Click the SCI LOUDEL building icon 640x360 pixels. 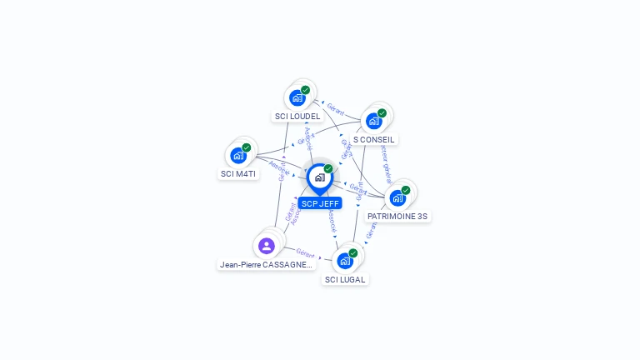click(x=297, y=97)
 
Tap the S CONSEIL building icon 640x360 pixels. click(x=374, y=121)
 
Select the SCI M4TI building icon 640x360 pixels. click(x=238, y=155)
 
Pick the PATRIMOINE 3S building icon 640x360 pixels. click(x=397, y=197)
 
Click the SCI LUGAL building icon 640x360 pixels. click(x=345, y=261)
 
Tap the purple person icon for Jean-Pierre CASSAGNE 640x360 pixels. click(x=267, y=245)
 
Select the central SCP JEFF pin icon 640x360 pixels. click(x=319, y=177)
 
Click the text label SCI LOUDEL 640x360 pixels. click(x=297, y=116)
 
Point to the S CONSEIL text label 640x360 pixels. click(x=374, y=139)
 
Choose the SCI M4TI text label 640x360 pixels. click(x=238, y=173)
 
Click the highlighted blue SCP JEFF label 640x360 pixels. click(x=320, y=203)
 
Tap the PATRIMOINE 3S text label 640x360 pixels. click(x=397, y=216)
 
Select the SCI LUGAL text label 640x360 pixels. click(x=345, y=279)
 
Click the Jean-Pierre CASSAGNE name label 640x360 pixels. click(x=266, y=264)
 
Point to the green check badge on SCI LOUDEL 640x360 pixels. click(x=306, y=90)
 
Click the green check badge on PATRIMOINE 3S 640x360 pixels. click(x=406, y=190)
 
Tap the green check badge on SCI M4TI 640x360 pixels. click(x=247, y=147)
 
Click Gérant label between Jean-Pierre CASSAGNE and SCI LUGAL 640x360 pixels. click(x=305, y=252)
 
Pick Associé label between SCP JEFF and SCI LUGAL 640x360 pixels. click(x=332, y=220)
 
